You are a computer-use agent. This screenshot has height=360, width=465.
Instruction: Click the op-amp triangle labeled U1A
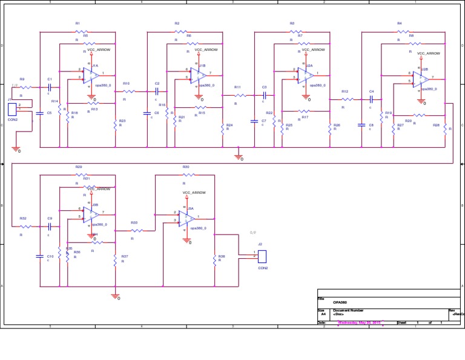pos(92,75)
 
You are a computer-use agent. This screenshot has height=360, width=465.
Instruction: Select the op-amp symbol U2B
pos(421,79)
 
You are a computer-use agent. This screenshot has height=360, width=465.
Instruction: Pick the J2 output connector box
pos(262,256)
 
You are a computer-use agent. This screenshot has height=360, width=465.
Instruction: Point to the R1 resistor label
pos(77,23)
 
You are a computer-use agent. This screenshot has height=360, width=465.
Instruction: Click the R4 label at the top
pos(400,23)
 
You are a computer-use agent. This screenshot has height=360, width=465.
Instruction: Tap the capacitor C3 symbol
pos(264,95)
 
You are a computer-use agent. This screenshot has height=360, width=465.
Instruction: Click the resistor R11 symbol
pos(240,95)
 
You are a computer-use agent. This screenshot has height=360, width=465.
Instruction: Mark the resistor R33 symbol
pos(137,230)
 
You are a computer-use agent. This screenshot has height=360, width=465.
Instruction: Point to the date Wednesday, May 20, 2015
pos(359,322)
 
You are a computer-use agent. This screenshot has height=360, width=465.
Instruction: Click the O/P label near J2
pos(252,233)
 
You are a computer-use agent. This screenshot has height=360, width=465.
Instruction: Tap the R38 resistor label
pos(222,256)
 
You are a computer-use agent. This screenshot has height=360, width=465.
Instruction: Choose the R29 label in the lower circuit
pos(79,167)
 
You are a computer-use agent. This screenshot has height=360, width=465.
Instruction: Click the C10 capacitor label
pos(50,256)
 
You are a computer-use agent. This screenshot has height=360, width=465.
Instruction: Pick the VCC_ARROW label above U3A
pos(194,193)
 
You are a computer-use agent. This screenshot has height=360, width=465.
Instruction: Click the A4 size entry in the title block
pos(323,315)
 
